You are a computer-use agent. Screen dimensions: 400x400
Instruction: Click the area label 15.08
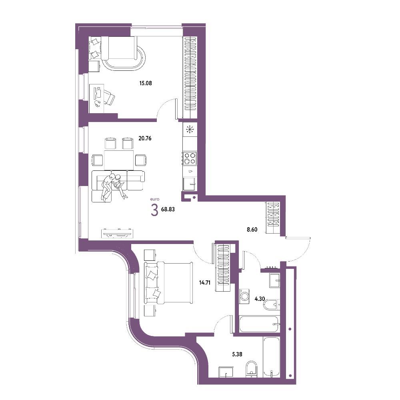pyautogui.click(x=146, y=83)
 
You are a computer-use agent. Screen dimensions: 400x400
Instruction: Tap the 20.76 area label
pyautogui.click(x=145, y=138)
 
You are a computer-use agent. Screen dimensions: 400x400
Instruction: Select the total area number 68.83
pyautogui.click(x=168, y=210)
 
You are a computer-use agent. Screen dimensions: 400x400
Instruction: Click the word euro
pyautogui.click(x=155, y=199)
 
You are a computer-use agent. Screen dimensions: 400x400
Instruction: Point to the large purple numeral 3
pyautogui.click(x=154, y=210)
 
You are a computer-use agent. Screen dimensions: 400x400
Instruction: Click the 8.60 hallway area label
pyautogui.click(x=252, y=230)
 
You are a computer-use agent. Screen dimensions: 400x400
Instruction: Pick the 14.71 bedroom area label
pyautogui.click(x=204, y=282)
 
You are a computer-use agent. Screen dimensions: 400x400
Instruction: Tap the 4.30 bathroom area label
pyautogui.click(x=260, y=299)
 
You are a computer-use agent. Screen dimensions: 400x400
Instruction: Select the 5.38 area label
pyautogui.click(x=237, y=354)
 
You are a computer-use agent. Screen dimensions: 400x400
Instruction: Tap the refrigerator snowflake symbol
pyautogui.click(x=190, y=130)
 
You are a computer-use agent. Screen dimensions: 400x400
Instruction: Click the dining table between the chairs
pyautogui.click(x=119, y=160)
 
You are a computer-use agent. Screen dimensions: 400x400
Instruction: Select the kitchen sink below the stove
pyautogui.click(x=189, y=184)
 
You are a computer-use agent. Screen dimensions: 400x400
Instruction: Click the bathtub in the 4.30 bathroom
pyautogui.click(x=260, y=324)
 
